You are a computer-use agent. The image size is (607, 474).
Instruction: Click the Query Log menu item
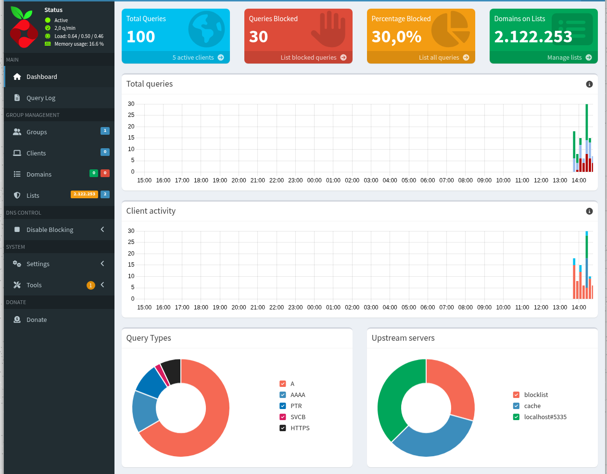[x=41, y=98]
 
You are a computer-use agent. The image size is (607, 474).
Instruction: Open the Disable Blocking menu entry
[x=50, y=230]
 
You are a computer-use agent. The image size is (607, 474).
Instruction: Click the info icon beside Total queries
[x=589, y=84]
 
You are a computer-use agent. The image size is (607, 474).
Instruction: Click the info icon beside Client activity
[x=589, y=211]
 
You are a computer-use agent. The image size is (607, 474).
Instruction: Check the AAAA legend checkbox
[x=283, y=395]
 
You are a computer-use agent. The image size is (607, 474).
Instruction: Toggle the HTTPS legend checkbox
[x=283, y=428]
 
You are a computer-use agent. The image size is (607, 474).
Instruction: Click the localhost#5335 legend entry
[x=545, y=417]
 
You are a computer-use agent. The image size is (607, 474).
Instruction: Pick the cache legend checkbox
[x=516, y=406]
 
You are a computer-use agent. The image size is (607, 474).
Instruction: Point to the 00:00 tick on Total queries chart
[x=314, y=180]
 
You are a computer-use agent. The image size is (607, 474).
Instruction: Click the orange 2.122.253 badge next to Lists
[x=84, y=194]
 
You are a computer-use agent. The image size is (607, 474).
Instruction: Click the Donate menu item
[x=37, y=320]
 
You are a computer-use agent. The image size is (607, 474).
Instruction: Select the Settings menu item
[x=38, y=264]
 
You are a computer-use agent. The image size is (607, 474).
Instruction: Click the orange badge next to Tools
[x=90, y=285]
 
